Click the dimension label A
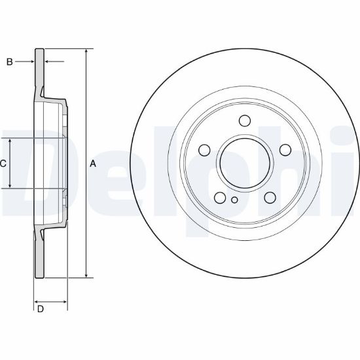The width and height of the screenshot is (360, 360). [93, 164]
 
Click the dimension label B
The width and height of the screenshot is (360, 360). [9, 62]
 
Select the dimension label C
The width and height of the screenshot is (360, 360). [3, 164]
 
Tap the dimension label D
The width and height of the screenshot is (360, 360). [41, 309]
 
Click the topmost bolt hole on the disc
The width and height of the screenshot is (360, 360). [245, 121]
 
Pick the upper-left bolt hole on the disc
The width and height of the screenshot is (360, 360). [204, 150]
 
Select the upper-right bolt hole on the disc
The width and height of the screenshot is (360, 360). [285, 150]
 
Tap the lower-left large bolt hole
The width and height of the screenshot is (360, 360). [220, 198]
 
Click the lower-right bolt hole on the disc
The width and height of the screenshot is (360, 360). [270, 198]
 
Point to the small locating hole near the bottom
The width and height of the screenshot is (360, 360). [234, 200]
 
